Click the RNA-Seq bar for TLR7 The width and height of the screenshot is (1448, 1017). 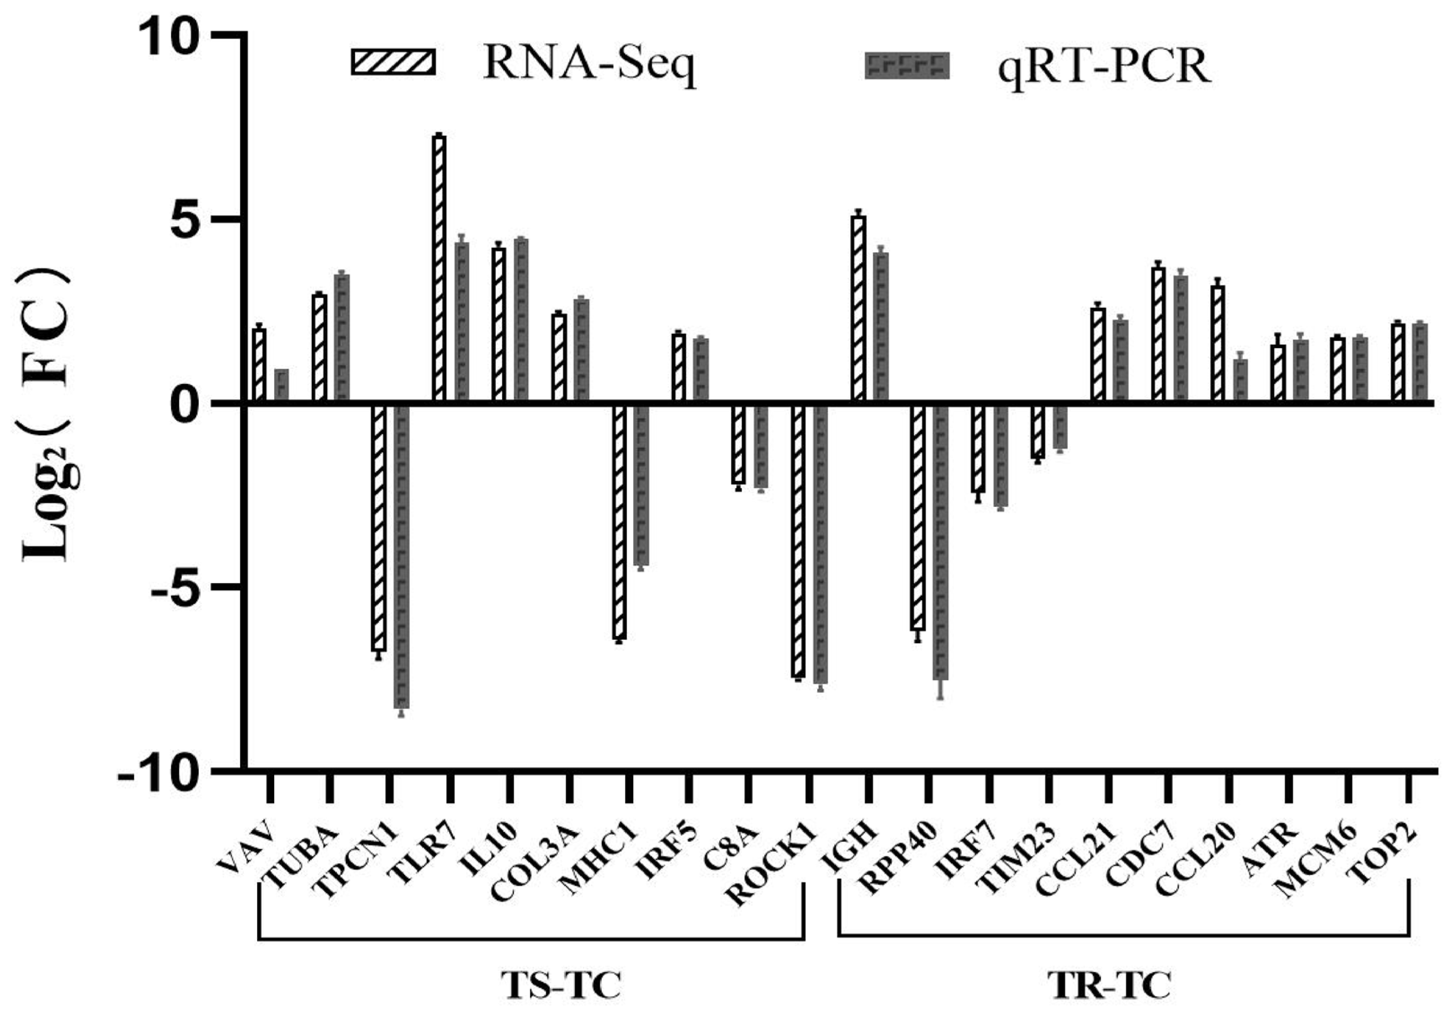click(440, 268)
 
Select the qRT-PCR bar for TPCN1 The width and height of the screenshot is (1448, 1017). click(402, 555)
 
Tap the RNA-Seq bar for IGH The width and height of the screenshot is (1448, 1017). click(858, 309)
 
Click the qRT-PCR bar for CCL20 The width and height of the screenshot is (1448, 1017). click(1241, 380)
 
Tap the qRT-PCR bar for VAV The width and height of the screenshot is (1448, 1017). click(281, 385)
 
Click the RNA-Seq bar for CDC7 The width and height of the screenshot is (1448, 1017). click(1158, 334)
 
